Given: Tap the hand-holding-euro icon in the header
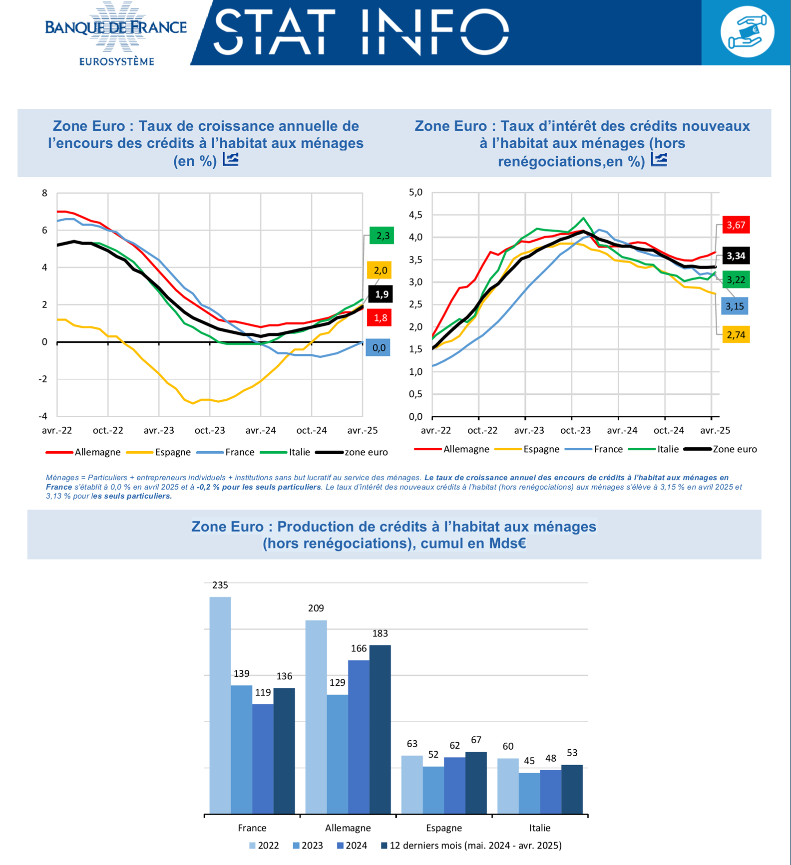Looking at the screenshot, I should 747,32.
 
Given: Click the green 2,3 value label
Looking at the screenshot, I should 382,236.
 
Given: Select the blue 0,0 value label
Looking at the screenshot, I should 379,348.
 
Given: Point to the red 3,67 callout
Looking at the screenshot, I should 736,225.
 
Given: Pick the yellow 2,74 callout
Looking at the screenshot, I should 736,335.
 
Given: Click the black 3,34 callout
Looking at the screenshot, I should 736,256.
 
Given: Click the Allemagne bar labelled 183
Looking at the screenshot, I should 380,729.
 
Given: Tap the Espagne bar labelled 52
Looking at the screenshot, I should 433,790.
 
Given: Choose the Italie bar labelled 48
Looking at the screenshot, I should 550,792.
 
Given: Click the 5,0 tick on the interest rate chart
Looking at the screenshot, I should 415,193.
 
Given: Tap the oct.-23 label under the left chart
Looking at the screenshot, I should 210,430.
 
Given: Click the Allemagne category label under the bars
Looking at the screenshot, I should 348,828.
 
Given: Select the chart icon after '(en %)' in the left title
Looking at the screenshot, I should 230,160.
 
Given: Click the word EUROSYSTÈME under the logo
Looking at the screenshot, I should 117,62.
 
